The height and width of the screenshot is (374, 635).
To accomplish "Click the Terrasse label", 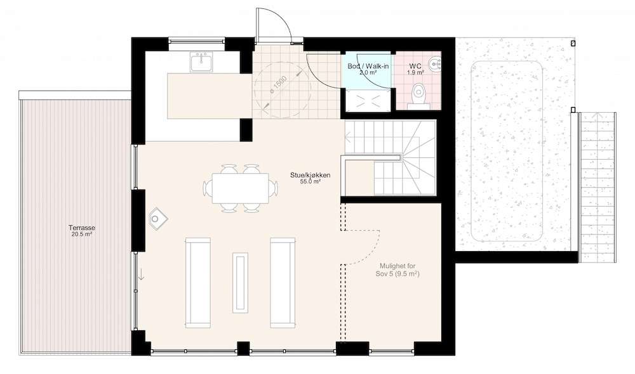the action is coord(82,228).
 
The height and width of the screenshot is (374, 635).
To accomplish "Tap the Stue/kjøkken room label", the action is coord(311,175).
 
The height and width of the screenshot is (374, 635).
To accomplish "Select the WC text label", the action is coord(415,66).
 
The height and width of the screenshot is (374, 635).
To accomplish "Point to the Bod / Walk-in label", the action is coord(368,66).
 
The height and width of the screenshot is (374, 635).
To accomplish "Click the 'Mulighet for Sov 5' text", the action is coord(398,269).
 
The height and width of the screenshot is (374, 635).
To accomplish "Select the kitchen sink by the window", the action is coord(201,61).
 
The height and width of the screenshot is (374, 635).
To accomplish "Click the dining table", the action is coord(241,188).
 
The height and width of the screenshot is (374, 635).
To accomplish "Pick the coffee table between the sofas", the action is coord(240,282).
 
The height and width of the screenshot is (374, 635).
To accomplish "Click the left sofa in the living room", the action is coord(198,283).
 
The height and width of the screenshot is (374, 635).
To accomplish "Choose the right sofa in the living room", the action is coord(283,283).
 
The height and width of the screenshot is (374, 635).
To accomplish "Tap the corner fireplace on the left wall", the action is coord(157,219).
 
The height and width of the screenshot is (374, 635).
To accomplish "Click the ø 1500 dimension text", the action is coord(279,85).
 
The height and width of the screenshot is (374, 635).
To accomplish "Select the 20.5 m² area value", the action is coord(82,234).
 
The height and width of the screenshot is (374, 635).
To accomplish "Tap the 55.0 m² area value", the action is coord(311,182).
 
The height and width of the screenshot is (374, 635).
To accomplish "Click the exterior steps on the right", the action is coord(598,187).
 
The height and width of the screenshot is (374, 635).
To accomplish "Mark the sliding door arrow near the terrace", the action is coord(142,273).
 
